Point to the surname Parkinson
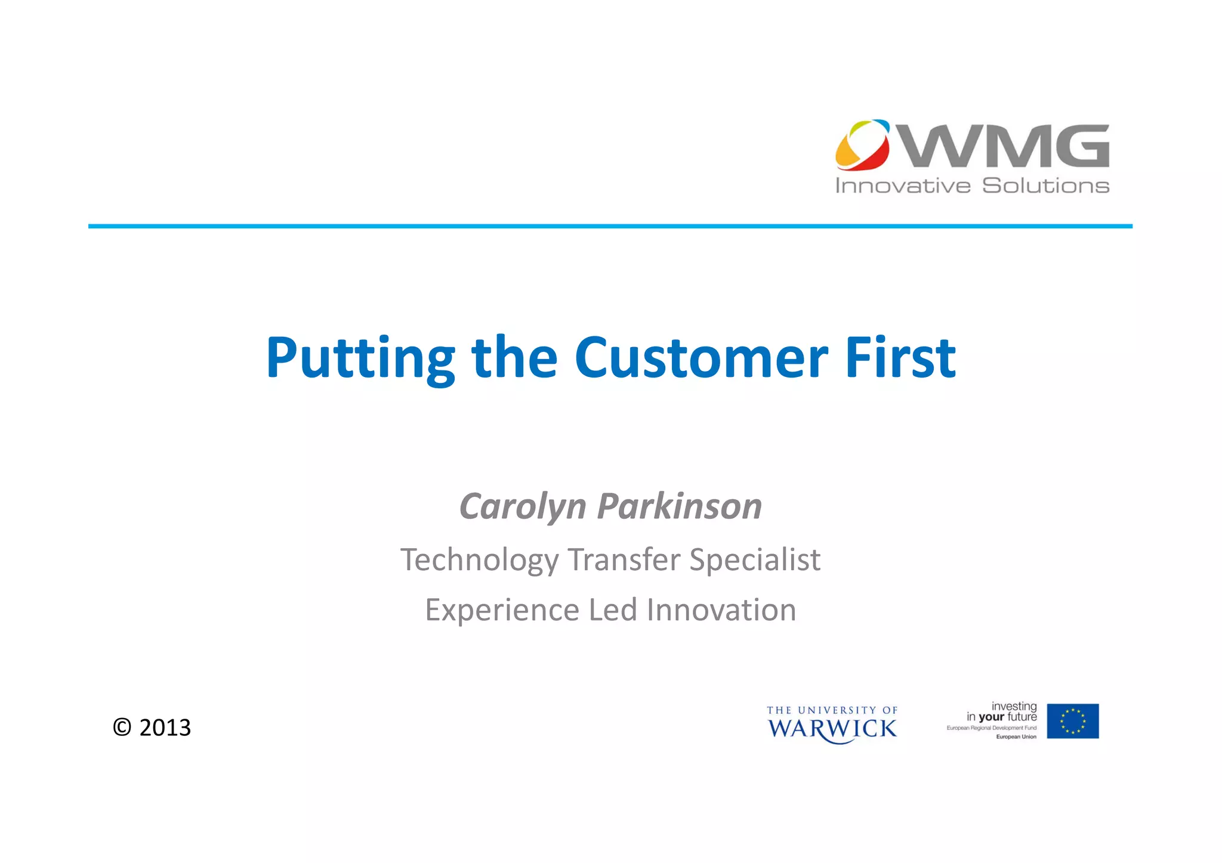pos(680,507)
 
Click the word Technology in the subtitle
pos(479,560)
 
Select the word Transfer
pos(624,560)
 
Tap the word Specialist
pos(755,560)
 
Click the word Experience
pos(502,610)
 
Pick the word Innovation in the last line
pos(721,610)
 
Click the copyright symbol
pos(122,728)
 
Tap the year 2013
pos(165,728)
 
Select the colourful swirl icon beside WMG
pos(862,145)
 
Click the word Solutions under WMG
pos(1045,186)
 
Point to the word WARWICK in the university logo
pos(832,729)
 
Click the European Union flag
pos(1072,721)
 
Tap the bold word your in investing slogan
pos(992,717)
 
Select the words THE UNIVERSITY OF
pos(832,710)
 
